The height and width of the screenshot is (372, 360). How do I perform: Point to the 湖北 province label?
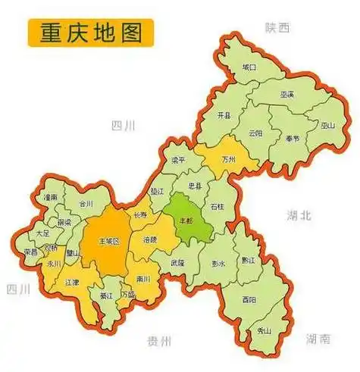(x=299, y=215)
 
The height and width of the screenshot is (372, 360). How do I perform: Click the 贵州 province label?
(x=161, y=339)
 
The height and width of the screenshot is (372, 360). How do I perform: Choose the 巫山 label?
(x=328, y=126)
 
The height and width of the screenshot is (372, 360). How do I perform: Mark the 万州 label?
(x=229, y=160)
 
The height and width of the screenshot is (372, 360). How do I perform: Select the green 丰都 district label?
(x=186, y=220)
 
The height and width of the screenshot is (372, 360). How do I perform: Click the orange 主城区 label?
(x=111, y=241)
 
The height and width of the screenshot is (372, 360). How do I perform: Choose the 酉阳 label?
(x=249, y=300)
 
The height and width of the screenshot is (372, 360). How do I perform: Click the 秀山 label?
(x=265, y=331)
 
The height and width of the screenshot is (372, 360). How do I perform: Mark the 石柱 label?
(x=218, y=206)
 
